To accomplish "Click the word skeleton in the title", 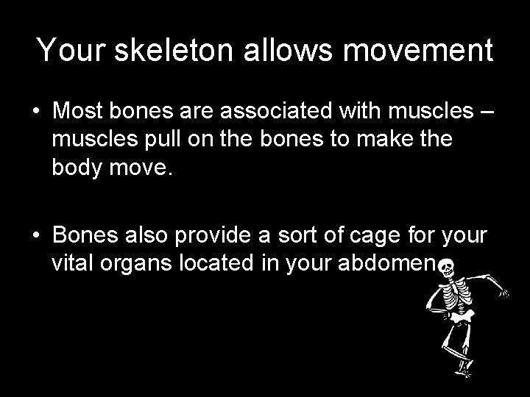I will click(x=176, y=51).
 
